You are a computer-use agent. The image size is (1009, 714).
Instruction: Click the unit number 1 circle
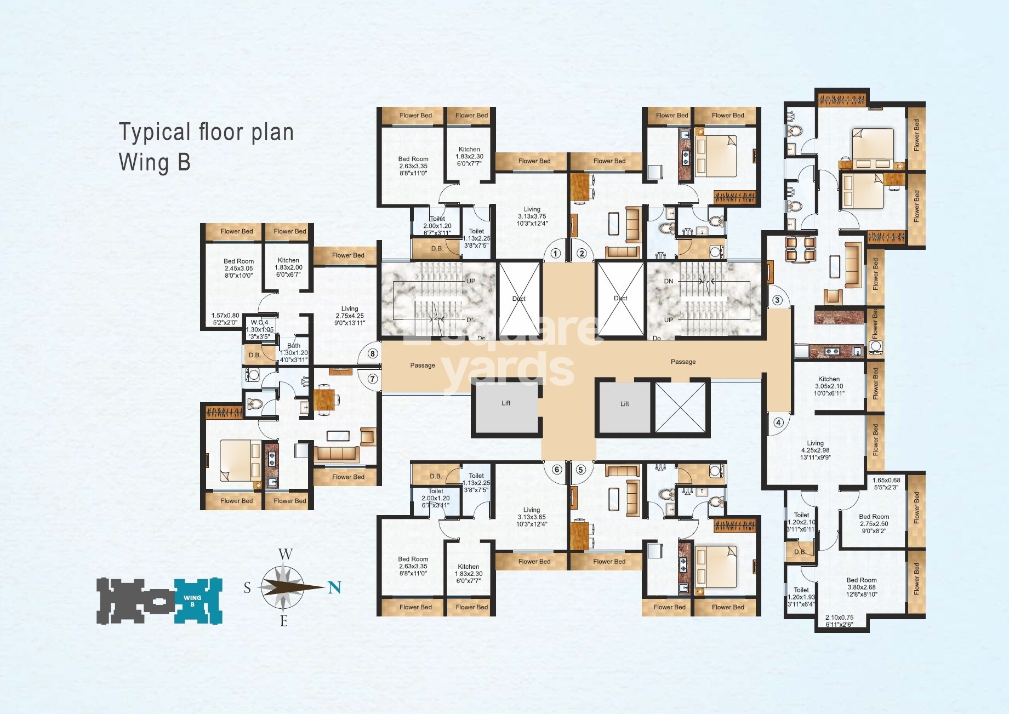(555, 253)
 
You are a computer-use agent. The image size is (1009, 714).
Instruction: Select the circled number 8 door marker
(373, 353)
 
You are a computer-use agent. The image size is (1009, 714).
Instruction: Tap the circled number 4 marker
(778, 422)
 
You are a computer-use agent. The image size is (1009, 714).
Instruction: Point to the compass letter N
(334, 587)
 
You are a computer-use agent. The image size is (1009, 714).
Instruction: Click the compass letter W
(285, 554)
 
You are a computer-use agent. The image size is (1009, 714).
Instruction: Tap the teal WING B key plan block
(198, 601)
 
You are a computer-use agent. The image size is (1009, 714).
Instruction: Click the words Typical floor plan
(206, 133)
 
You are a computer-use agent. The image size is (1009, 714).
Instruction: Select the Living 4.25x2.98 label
(815, 450)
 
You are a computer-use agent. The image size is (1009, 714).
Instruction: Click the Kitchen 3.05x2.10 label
(829, 386)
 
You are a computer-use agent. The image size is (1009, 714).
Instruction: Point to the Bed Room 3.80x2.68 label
(861, 587)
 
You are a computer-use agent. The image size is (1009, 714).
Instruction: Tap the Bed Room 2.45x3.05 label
(238, 268)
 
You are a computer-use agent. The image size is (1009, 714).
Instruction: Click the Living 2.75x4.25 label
(350, 316)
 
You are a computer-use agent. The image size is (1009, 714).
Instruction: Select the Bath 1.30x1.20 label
(294, 352)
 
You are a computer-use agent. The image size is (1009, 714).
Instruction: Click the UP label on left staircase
(471, 281)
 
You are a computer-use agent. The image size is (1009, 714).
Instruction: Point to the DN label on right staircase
(669, 281)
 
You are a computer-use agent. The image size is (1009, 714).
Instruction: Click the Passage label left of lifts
(423, 365)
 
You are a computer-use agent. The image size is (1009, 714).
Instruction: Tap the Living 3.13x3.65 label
(531, 517)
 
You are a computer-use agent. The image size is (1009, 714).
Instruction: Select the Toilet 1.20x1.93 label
(801, 597)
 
